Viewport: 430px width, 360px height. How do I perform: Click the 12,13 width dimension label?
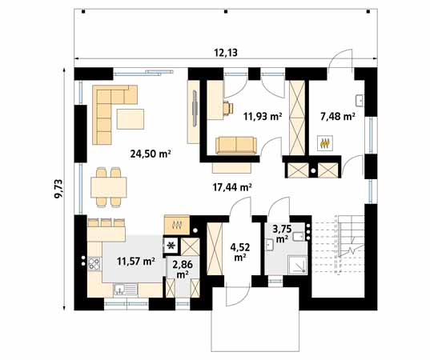pos(226,52)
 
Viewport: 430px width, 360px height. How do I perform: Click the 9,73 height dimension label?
pos(58,189)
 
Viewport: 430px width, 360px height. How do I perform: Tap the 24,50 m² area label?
pos(151,154)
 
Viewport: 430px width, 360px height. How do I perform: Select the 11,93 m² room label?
pos(263,117)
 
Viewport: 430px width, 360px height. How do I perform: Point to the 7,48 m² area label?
pos(338,117)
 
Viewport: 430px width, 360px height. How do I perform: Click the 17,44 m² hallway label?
pos(232,187)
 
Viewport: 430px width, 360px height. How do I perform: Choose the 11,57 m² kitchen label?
pos(136,261)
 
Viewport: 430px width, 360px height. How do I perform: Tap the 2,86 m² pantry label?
pos(183,269)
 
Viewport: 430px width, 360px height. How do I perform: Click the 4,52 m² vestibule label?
pos(240,252)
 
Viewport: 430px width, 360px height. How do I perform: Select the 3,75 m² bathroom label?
pos(282,233)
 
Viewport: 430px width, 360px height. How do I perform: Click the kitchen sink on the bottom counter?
pos(126,290)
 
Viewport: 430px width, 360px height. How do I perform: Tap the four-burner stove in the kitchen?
pos(94,263)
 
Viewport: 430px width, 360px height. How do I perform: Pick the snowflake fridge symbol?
pos(171,246)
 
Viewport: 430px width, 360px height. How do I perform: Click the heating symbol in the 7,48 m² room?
pos(325,142)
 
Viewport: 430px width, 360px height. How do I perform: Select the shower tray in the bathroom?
pos(297,264)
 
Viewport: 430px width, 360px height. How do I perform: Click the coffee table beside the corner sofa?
pos(131,119)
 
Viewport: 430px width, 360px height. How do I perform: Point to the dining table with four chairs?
pos(109,187)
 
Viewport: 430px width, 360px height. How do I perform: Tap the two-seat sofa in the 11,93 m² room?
pos(236,146)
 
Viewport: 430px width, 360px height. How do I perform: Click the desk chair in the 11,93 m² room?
pos(228,108)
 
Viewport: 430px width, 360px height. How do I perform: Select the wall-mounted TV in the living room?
pos(195,106)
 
